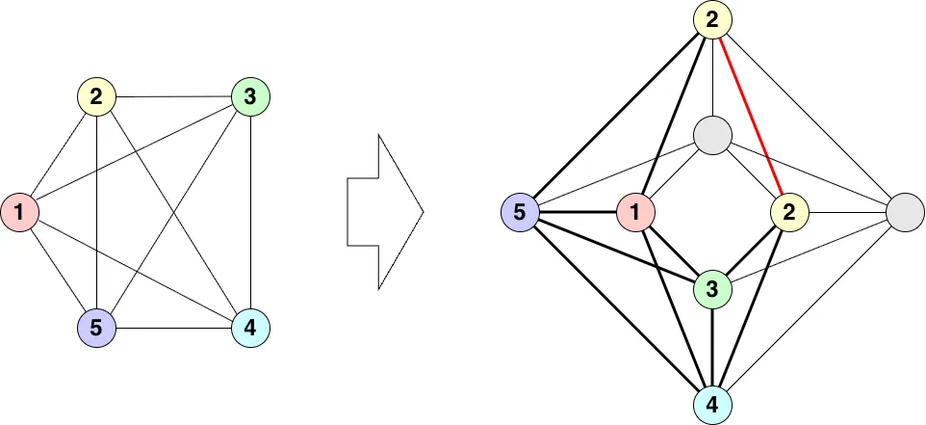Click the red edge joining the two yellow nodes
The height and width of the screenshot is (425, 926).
(x=751, y=116)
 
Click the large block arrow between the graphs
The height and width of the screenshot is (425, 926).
(x=385, y=212)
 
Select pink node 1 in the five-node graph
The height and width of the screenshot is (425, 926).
(x=19, y=212)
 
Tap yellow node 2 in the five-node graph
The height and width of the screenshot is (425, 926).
(x=96, y=96)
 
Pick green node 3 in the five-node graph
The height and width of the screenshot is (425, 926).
(x=250, y=96)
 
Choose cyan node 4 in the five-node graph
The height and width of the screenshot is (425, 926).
(x=250, y=329)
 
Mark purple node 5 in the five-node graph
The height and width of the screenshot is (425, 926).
(x=96, y=329)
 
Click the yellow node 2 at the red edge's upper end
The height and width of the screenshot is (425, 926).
(x=712, y=19)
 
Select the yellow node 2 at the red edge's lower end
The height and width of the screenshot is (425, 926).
(x=789, y=212)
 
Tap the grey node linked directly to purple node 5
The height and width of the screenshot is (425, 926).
(x=712, y=135)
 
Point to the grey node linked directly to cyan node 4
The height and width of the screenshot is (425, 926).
(x=904, y=212)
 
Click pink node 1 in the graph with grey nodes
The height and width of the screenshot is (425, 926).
(x=635, y=212)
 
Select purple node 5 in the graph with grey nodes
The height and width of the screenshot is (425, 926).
(x=520, y=212)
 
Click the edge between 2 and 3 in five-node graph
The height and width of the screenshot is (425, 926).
(x=173, y=96)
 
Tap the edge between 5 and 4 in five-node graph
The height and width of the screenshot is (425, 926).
(x=173, y=329)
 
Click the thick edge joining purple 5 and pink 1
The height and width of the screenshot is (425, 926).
(x=578, y=212)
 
